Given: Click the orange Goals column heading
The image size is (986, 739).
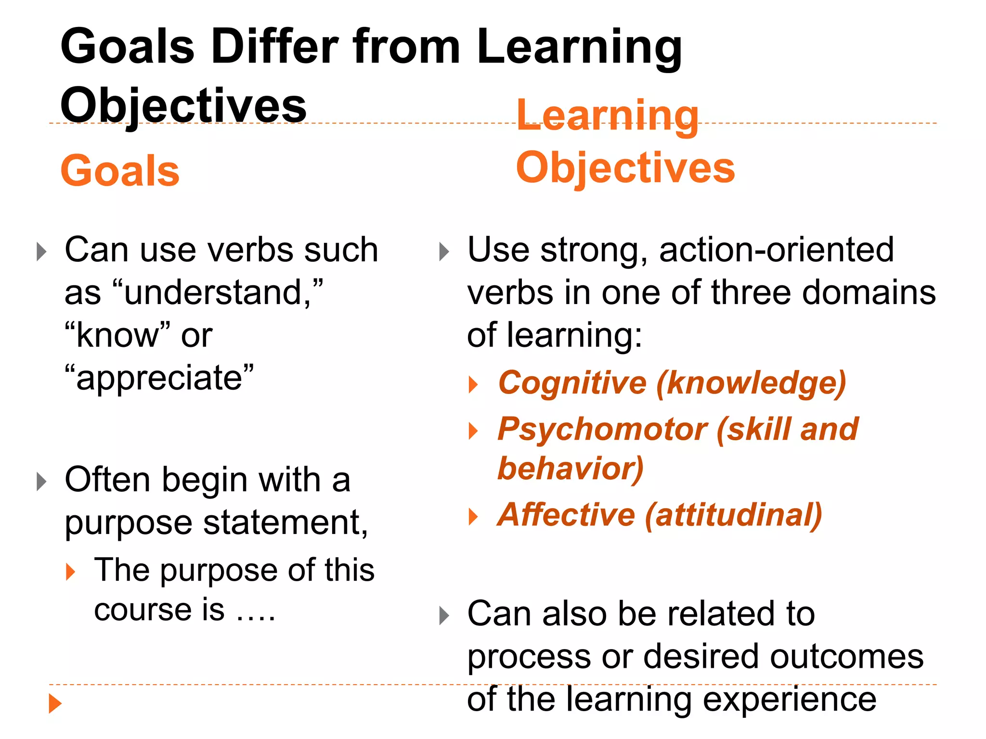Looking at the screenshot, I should click(x=120, y=171).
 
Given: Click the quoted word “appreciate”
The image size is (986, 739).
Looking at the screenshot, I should click(x=159, y=378).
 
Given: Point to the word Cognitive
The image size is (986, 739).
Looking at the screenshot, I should click(x=572, y=383).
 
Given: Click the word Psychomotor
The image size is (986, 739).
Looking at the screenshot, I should click(x=602, y=429).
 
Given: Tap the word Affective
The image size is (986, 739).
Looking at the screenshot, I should click(x=566, y=515).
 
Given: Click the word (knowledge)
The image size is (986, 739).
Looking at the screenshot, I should click(x=751, y=383).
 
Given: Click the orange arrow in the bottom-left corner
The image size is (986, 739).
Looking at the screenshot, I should click(x=55, y=703).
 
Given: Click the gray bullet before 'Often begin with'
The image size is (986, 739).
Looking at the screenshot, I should click(x=42, y=481).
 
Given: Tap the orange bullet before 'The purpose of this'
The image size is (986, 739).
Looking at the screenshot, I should click(x=71, y=572).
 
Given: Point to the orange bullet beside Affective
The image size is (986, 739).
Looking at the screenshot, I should click(x=473, y=517).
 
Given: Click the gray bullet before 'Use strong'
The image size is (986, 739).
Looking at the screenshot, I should click(x=444, y=252).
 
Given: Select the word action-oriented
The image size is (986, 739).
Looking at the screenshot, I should click(x=776, y=250).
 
